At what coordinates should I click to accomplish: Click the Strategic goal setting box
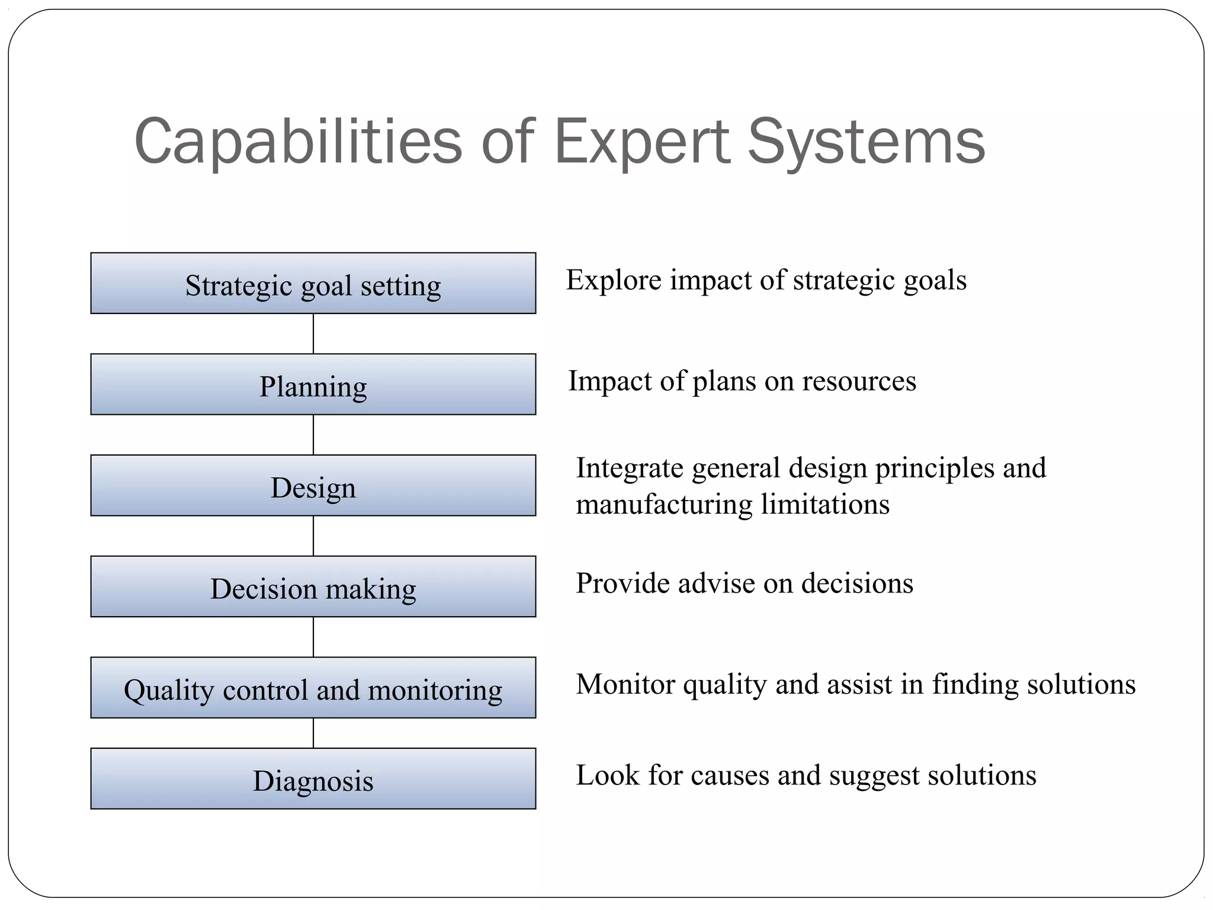(x=313, y=284)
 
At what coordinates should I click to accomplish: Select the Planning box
(x=313, y=384)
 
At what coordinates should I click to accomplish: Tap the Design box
(x=313, y=486)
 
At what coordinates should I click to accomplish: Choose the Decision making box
(x=313, y=587)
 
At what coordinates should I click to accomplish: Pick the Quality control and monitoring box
(x=313, y=688)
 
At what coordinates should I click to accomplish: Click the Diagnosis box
(x=313, y=778)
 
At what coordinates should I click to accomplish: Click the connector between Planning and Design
(x=313, y=435)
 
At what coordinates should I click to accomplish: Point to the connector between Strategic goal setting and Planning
(x=313, y=334)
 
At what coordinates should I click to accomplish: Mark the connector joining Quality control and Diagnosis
(x=313, y=733)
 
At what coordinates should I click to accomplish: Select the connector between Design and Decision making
(x=313, y=536)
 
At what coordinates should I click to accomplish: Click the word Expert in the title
(x=641, y=142)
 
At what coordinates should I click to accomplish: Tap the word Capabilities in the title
(x=298, y=142)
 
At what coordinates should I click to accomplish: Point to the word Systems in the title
(x=866, y=142)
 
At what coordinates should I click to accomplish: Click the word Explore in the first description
(x=614, y=280)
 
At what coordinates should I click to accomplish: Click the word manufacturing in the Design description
(x=664, y=505)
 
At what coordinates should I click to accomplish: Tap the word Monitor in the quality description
(x=625, y=684)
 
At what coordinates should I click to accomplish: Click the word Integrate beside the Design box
(x=629, y=468)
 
